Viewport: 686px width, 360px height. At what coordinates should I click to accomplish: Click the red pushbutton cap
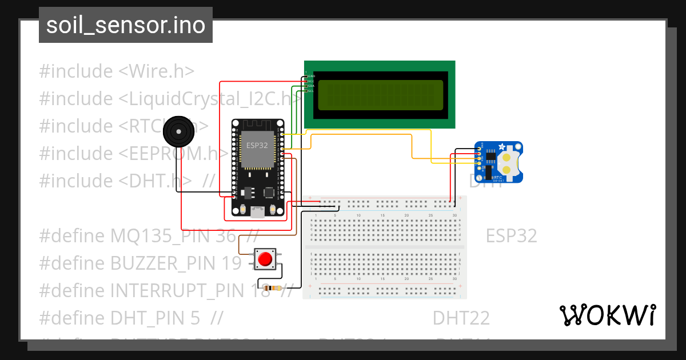click(265, 259)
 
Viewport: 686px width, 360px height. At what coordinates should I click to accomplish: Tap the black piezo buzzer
click(178, 133)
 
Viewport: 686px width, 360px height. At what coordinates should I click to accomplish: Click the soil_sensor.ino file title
click(126, 25)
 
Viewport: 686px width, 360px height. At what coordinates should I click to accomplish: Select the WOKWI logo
click(607, 315)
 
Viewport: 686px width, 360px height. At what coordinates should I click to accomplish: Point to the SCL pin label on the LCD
click(311, 91)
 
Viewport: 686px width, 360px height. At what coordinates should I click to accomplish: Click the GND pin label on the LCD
click(312, 76)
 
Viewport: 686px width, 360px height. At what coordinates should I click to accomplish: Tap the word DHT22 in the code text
click(461, 318)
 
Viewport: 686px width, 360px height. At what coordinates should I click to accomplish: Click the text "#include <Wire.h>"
click(117, 71)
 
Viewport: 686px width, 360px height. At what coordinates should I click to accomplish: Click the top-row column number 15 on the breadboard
click(382, 215)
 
